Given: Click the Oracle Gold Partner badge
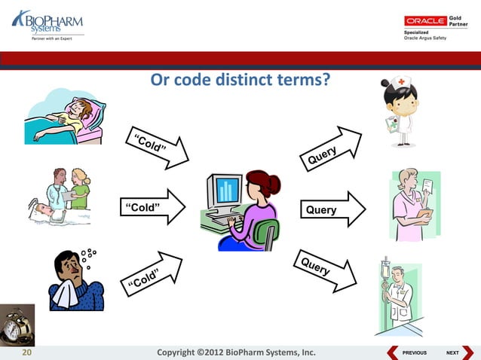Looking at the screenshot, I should point(436,27).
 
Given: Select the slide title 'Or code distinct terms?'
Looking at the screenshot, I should point(240,80).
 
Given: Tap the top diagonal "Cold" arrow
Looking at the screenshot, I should point(157,146).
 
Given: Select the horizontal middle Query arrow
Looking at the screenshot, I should point(332,209).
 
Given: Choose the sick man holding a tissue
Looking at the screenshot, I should point(75,279).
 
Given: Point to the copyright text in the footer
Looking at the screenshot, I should point(234,352).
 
